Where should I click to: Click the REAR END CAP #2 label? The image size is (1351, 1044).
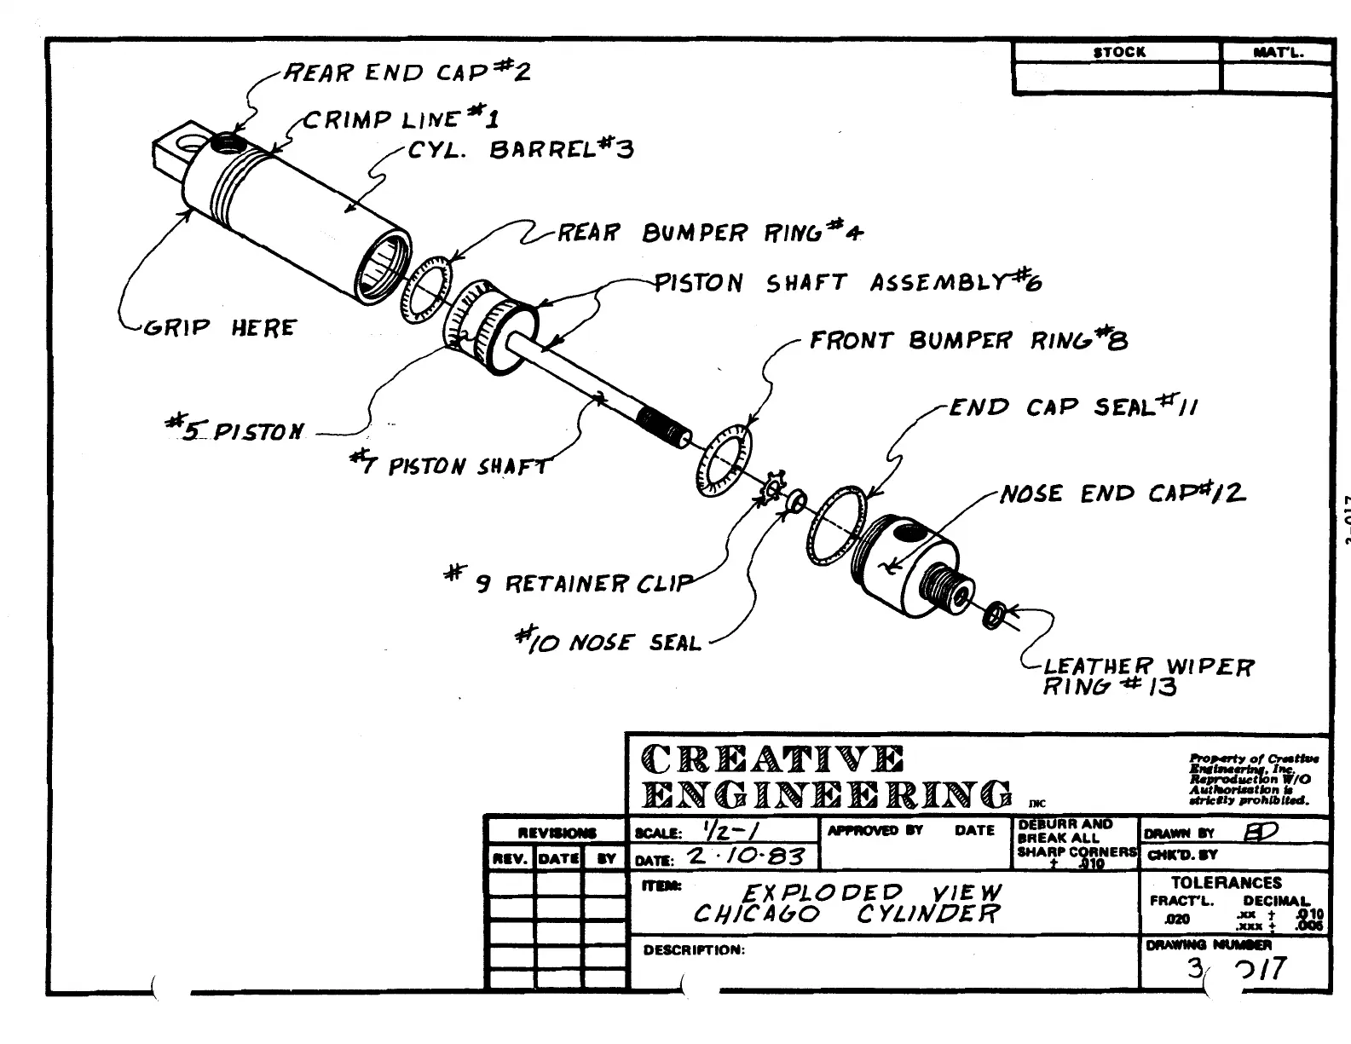pos(407,72)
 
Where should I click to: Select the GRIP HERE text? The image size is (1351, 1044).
pos(219,328)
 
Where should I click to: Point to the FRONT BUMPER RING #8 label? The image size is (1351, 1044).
pos(968,341)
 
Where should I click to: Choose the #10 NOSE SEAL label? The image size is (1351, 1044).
pos(610,641)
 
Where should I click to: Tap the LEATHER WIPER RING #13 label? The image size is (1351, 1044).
pos(1146,676)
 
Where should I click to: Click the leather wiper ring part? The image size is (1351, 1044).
pos(994,614)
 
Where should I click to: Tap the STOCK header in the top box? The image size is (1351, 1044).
pos(1119,52)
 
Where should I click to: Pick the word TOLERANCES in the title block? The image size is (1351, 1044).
pos(1226,883)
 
